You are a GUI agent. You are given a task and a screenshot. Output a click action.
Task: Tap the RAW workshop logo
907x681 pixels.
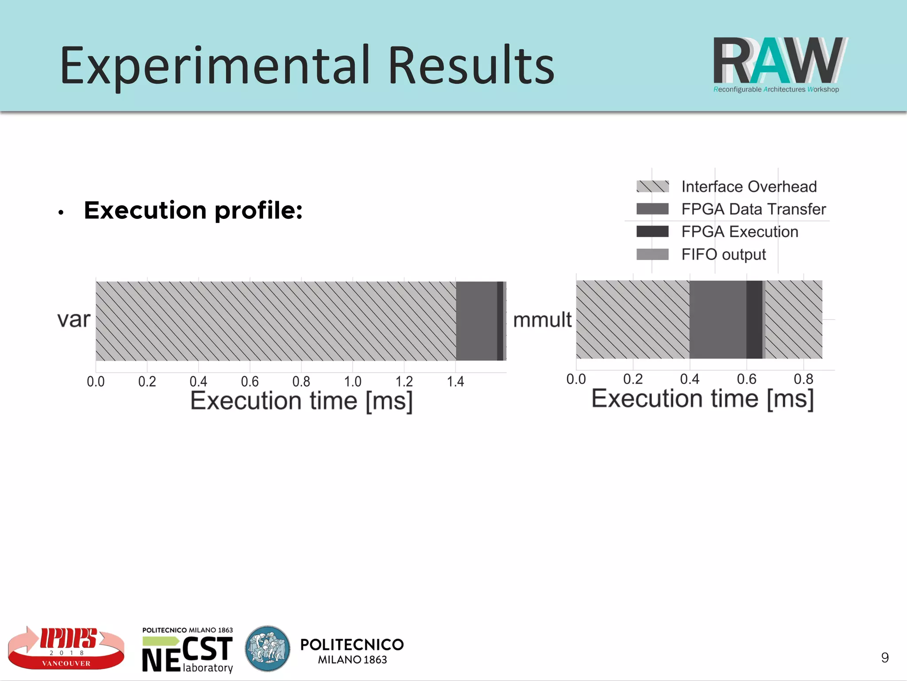tap(779, 64)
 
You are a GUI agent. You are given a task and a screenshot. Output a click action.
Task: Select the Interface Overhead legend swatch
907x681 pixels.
tap(652, 187)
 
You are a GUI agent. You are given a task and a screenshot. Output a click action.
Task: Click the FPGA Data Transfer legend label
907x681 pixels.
tap(753, 209)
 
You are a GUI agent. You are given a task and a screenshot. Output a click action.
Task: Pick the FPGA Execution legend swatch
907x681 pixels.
tap(652, 232)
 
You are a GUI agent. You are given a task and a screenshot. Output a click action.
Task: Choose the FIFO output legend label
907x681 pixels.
tap(723, 255)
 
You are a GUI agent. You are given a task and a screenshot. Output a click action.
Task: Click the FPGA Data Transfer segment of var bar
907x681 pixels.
tap(477, 321)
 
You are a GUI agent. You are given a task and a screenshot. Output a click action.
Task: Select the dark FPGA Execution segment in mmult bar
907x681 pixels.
tap(754, 319)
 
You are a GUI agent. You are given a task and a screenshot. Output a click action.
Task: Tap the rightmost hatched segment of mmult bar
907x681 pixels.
tap(794, 319)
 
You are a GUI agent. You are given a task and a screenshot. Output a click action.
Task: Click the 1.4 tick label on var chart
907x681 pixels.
tap(455, 382)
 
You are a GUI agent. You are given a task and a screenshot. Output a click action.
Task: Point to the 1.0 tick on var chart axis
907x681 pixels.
tap(353, 382)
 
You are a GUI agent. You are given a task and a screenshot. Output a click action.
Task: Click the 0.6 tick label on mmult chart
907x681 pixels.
tap(746, 379)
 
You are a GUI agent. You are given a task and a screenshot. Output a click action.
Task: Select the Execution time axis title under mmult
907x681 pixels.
tap(702, 399)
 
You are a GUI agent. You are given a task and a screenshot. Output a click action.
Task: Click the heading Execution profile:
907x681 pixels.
tap(193, 210)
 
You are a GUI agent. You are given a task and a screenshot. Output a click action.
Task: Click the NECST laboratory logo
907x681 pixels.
tap(187, 650)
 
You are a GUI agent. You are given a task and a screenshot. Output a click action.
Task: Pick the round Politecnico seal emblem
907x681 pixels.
tap(267, 648)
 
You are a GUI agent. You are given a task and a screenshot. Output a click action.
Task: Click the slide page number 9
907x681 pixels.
tap(884, 658)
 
